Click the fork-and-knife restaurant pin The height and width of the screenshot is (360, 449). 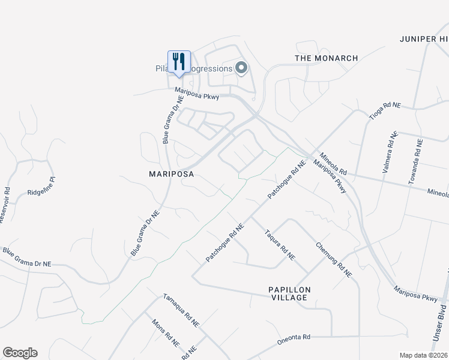(x=179, y=62)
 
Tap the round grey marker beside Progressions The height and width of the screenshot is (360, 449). (x=241, y=68)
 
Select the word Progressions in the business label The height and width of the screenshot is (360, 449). (x=210, y=69)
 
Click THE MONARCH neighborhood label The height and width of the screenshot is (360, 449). (x=327, y=58)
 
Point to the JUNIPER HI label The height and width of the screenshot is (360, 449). (x=424, y=39)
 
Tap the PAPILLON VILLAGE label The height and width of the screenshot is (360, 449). (x=289, y=293)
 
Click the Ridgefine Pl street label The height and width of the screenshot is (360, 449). (x=41, y=186)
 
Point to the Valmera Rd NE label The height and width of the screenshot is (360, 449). (x=388, y=153)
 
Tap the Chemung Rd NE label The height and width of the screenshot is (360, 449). (x=333, y=259)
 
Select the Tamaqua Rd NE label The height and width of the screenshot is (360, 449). (x=181, y=310)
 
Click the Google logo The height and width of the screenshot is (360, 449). (x=20, y=353)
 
